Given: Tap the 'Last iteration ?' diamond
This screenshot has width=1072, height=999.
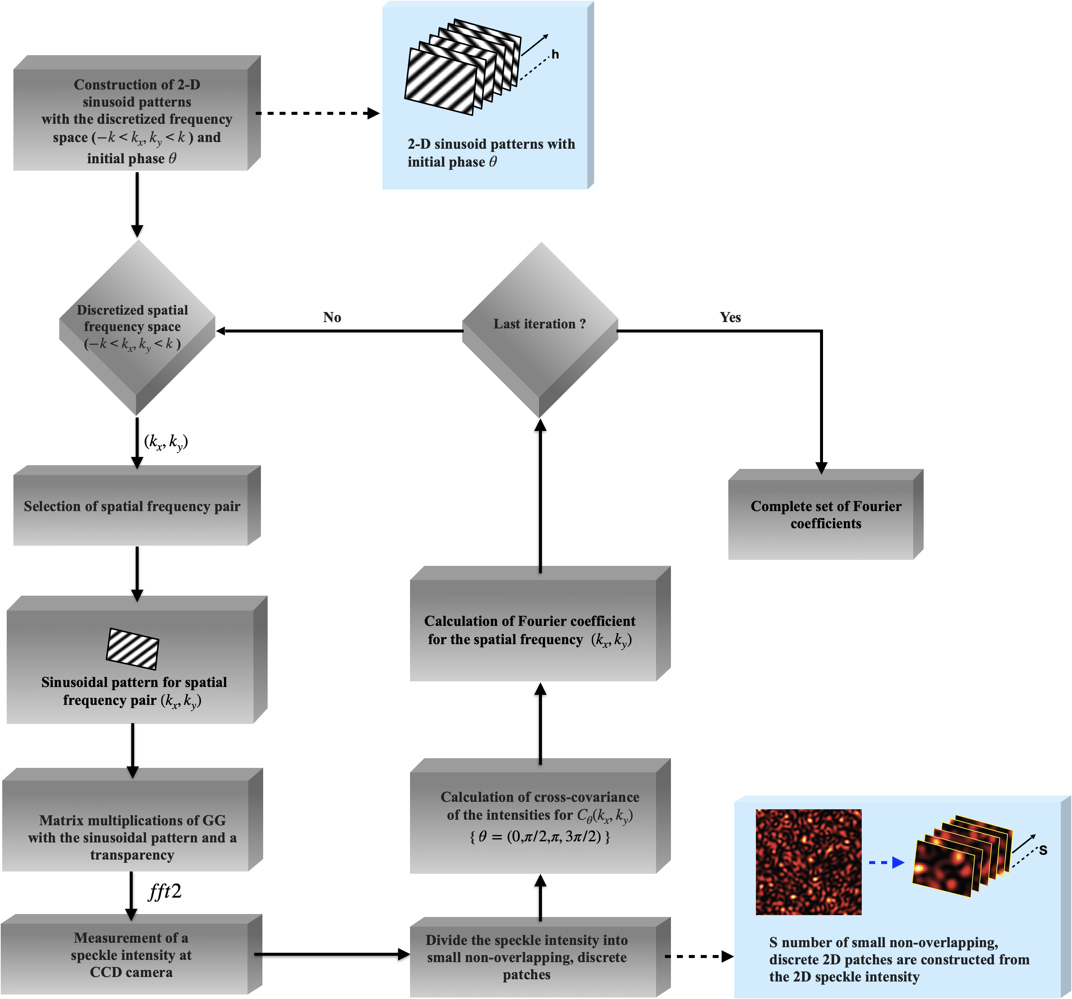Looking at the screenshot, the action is click(540, 330).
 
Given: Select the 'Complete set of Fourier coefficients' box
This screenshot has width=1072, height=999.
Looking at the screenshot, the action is click(826, 514).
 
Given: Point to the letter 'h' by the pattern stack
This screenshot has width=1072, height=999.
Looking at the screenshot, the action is click(555, 54).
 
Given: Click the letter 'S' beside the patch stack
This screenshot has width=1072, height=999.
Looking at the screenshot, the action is click(1043, 851).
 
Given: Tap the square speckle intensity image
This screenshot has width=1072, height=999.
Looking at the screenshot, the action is click(808, 862).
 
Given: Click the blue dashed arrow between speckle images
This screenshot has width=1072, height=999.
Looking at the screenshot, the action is click(886, 863).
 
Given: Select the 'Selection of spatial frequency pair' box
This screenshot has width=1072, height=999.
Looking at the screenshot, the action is click(137, 506).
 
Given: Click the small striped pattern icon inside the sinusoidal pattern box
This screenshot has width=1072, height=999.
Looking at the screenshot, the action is click(133, 649).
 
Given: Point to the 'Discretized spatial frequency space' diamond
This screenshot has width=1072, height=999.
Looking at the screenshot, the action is click(137, 327).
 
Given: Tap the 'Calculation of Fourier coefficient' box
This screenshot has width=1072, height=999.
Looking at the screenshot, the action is click(540, 624).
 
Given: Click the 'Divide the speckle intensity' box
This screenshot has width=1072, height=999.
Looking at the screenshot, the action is click(540, 957).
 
